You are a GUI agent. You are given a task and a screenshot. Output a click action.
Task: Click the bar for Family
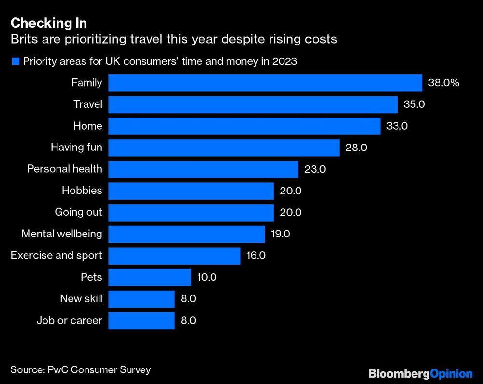[x=265, y=83]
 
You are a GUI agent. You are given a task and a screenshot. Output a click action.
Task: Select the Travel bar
[x=253, y=104]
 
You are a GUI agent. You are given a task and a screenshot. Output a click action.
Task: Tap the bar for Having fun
[x=224, y=148]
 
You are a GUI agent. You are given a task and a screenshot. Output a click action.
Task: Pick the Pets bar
[x=150, y=278]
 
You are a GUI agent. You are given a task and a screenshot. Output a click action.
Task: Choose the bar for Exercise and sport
[x=174, y=255]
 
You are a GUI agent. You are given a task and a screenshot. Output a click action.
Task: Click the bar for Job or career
[x=141, y=320]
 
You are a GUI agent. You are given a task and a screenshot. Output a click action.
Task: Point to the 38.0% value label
[x=443, y=83]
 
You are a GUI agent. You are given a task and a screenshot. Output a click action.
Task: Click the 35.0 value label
[x=414, y=104]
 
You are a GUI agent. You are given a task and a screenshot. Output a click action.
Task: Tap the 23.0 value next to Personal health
[x=315, y=169]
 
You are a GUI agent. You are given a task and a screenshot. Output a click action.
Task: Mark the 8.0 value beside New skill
[x=188, y=299]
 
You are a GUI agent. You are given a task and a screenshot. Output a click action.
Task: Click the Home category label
[x=87, y=126]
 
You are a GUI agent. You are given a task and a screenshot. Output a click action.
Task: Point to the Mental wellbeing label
[x=62, y=234]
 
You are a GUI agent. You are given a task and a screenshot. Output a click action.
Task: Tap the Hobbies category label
[x=82, y=191]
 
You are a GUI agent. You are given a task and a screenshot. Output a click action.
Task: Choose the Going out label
[x=78, y=212]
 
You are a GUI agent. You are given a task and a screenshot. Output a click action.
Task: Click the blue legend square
[x=15, y=61]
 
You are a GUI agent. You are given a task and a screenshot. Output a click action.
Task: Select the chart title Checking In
[x=48, y=23]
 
